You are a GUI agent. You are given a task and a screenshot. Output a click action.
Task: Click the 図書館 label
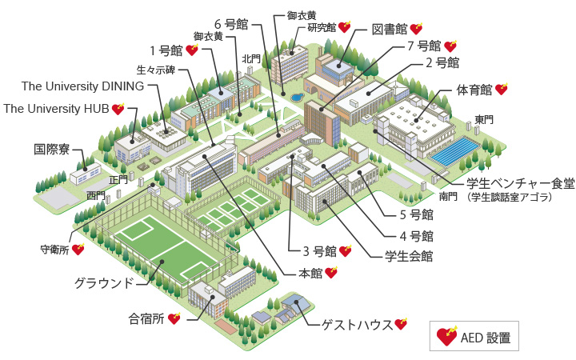(390, 30)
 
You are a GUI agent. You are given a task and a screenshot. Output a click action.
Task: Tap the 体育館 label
(473, 90)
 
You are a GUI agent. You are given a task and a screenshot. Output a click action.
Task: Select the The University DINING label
(82, 86)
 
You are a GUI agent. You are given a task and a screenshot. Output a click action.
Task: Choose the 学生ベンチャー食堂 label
(521, 183)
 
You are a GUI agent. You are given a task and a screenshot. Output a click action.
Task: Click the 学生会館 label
(409, 256)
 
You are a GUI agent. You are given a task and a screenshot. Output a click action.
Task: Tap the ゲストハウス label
(357, 325)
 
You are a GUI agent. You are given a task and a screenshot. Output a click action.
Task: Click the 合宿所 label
(146, 318)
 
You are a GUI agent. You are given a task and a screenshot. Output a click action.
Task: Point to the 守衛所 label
(54, 249)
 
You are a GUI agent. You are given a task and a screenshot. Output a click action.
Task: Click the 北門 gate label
(251, 58)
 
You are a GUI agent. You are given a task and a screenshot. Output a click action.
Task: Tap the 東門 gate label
(484, 119)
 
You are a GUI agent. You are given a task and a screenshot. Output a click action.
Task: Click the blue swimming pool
(458, 150)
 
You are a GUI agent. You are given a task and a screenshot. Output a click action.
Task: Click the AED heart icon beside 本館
(330, 273)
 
